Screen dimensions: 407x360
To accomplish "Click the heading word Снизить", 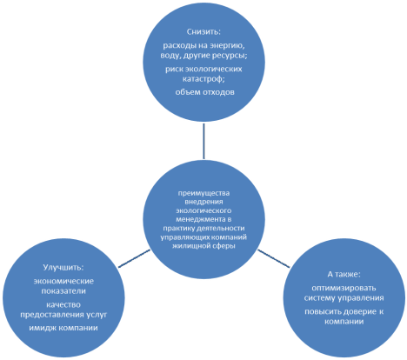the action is coord(203,31).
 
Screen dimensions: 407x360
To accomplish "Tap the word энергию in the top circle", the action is coord(226,46).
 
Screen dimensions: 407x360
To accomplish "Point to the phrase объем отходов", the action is coord(204,92).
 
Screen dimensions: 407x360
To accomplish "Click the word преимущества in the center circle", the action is coord(203,193).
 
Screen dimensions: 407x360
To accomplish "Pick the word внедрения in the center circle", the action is coord(203,202).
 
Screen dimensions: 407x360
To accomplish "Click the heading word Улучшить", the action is coord(63,267).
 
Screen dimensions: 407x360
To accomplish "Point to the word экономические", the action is coord(63,281).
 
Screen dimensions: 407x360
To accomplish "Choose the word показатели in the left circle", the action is coord(63,290).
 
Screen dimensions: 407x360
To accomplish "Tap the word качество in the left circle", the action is coord(63,304).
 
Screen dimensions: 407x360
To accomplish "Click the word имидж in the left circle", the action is coord(43,328).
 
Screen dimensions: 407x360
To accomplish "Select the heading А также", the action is coord(344,274).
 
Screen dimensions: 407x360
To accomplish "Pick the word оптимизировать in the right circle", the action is coord(344,288).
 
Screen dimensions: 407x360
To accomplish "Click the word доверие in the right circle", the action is coord(359,311).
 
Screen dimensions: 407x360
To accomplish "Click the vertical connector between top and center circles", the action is coord(203,141).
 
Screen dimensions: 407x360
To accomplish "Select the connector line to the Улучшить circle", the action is coord(134,258).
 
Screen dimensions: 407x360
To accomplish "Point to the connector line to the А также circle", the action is coord(274,258).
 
